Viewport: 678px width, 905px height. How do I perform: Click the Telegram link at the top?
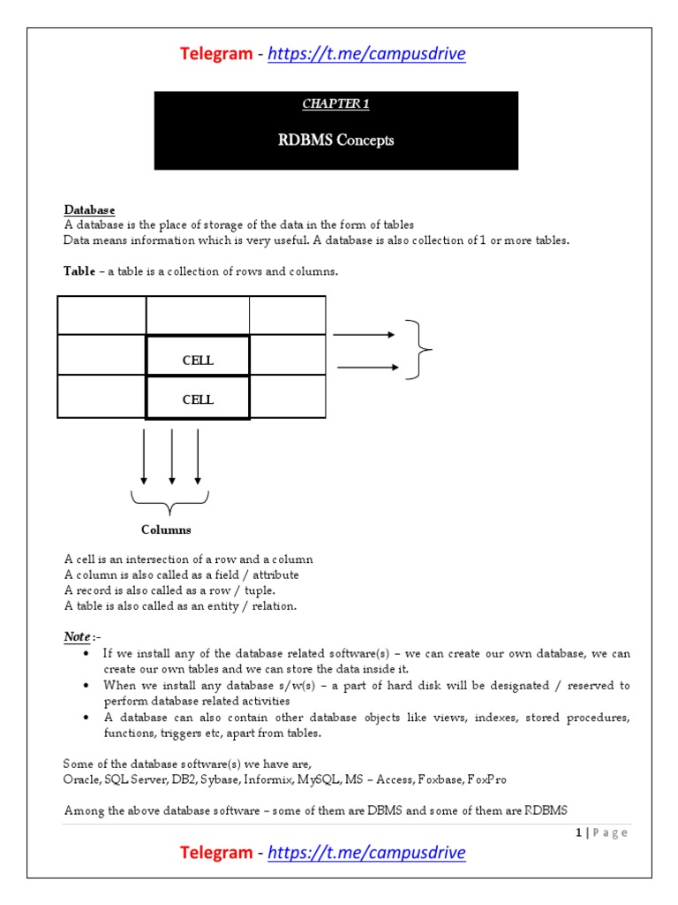365,55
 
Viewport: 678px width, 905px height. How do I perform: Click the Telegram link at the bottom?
365,853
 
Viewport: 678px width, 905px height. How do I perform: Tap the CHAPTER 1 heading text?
335,104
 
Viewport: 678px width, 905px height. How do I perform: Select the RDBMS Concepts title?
335,140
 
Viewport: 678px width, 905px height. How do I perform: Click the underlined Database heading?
89,210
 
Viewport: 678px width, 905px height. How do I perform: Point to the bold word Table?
79,271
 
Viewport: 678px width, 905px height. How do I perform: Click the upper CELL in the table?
198,361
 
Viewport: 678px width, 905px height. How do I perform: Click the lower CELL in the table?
198,399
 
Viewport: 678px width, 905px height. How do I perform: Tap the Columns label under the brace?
166,530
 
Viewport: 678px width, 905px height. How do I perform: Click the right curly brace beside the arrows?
418,350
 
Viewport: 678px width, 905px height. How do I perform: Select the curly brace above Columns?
170,503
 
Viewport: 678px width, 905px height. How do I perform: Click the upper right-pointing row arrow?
363,335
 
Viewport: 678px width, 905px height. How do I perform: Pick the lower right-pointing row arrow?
365,367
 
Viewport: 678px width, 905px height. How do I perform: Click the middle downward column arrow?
171,456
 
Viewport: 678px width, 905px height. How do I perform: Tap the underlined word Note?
77,636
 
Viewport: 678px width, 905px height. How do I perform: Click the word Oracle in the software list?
82,780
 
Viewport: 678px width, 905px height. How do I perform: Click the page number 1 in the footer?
578,833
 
